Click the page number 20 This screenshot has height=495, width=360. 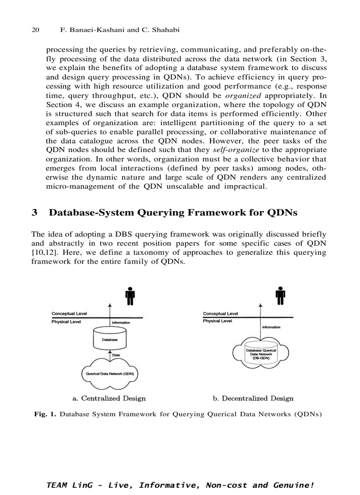coord(36,30)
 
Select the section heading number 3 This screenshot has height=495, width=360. coord(34,212)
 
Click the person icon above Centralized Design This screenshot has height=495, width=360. coord(130,296)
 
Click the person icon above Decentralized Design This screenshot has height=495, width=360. coord(280,296)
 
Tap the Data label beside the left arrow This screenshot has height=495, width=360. coord(116,355)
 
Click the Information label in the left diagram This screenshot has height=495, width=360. coord(120,323)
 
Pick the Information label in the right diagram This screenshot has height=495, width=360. coord(271,327)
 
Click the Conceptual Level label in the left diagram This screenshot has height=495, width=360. coord(69,313)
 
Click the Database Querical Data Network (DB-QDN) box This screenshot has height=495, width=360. coord(261,354)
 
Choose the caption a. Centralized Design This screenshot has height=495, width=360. coord(109,398)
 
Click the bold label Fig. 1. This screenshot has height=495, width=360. coord(45,414)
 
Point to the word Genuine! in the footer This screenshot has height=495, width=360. coord(295,485)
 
